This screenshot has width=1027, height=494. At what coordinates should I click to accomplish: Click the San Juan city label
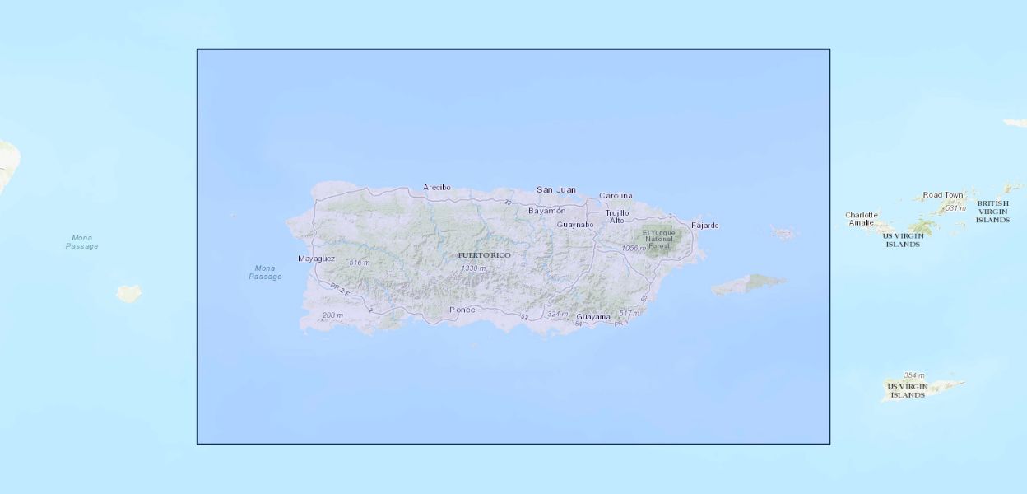[x=556, y=189]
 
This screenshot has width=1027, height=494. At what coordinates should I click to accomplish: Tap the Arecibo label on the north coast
[x=437, y=188]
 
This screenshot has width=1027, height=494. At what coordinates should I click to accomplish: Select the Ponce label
[x=462, y=310]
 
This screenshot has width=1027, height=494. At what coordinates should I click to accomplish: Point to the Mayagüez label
[x=316, y=259]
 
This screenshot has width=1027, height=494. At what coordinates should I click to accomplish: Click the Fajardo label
[x=704, y=226]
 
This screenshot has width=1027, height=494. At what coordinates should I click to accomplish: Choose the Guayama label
[x=593, y=317]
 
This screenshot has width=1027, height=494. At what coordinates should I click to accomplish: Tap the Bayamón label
[x=547, y=211]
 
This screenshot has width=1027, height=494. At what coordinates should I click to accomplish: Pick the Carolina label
[x=616, y=196]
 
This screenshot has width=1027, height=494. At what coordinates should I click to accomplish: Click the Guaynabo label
[x=575, y=224]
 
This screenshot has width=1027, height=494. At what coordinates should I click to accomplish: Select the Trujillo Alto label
[x=617, y=217]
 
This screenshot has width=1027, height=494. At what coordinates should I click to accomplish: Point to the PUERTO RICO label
[x=485, y=255]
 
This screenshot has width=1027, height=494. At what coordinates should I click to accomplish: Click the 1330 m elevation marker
[x=473, y=268]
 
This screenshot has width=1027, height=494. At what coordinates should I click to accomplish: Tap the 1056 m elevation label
[x=634, y=248]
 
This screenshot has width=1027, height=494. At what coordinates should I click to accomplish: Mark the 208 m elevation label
[x=332, y=315]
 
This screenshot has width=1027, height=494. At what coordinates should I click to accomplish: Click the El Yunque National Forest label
[x=659, y=239]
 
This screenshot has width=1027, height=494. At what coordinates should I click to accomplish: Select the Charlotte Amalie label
[x=862, y=219]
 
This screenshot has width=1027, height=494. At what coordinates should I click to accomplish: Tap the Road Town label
[x=943, y=195]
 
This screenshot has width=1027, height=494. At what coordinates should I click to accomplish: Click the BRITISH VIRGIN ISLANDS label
[x=992, y=212]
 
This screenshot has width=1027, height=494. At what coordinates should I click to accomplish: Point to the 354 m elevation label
[x=913, y=375]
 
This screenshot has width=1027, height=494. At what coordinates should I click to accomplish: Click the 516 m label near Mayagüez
[x=360, y=263]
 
